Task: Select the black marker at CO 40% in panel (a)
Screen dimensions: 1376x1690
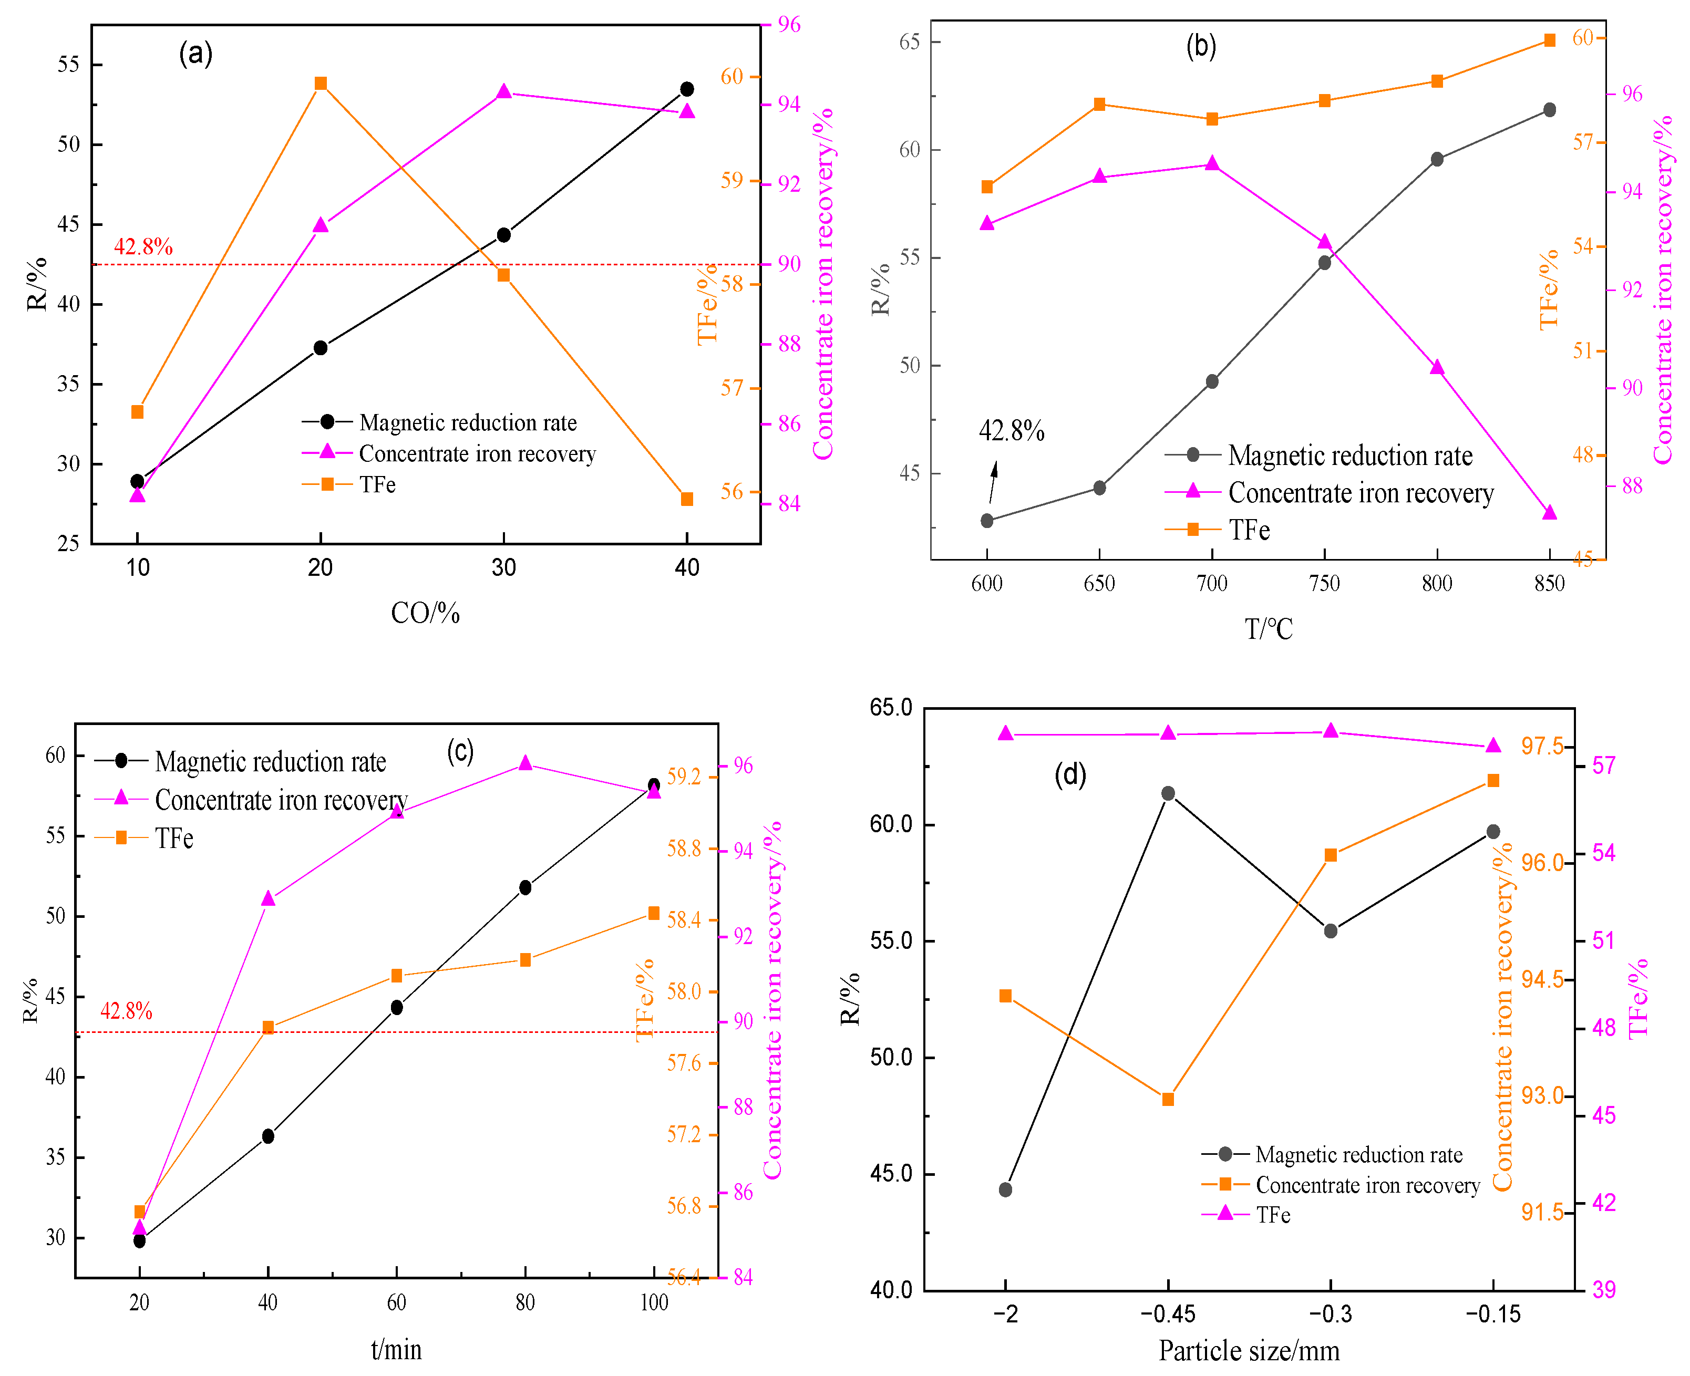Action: [x=686, y=89]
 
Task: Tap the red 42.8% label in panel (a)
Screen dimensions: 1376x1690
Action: [x=143, y=246]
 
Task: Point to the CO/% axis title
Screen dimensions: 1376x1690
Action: [x=425, y=613]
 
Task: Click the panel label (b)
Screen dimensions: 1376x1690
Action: [x=1200, y=46]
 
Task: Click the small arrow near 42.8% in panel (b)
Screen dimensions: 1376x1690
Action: [x=993, y=481]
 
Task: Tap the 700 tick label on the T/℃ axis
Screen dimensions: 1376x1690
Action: [x=1211, y=584]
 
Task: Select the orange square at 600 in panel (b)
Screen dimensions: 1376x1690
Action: [x=987, y=187]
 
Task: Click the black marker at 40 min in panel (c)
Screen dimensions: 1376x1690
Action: [x=268, y=1136]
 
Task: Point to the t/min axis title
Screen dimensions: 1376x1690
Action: [x=396, y=1349]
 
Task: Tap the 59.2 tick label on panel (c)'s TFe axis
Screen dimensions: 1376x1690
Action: [x=683, y=776]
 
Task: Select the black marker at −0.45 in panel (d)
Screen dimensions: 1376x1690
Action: [x=1168, y=793]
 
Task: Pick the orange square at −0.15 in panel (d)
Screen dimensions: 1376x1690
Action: [x=1492, y=781]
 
